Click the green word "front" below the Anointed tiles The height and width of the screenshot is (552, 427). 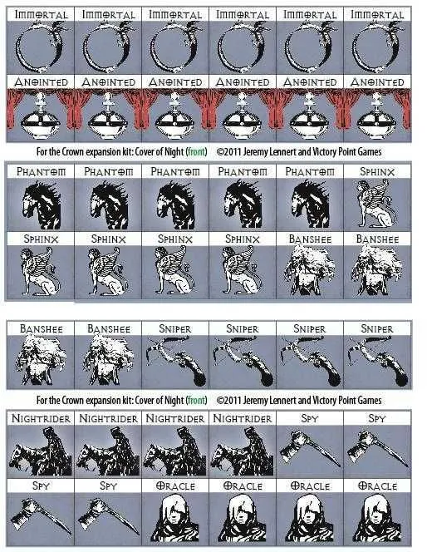coord(196,152)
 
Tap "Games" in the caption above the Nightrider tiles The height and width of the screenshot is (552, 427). coord(370,400)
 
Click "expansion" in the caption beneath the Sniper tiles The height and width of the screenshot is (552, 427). coord(103,400)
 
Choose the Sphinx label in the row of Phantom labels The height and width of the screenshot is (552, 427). coord(377,172)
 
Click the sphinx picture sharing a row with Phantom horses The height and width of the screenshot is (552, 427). coord(376,204)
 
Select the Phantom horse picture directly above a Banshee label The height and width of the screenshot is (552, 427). coord(310,205)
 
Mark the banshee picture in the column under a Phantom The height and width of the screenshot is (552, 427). coord(310,269)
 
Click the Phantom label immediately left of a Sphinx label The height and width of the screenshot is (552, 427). coord(310,172)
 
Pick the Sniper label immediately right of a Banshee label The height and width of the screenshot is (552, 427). coord(175,329)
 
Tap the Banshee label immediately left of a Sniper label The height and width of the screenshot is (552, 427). coord(109,329)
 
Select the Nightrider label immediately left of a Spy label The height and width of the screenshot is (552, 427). coord(243,419)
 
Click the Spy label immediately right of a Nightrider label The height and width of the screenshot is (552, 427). coord(310,419)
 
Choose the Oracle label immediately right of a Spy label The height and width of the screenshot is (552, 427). coord(175,486)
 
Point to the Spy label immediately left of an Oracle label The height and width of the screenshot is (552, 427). coord(108,486)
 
